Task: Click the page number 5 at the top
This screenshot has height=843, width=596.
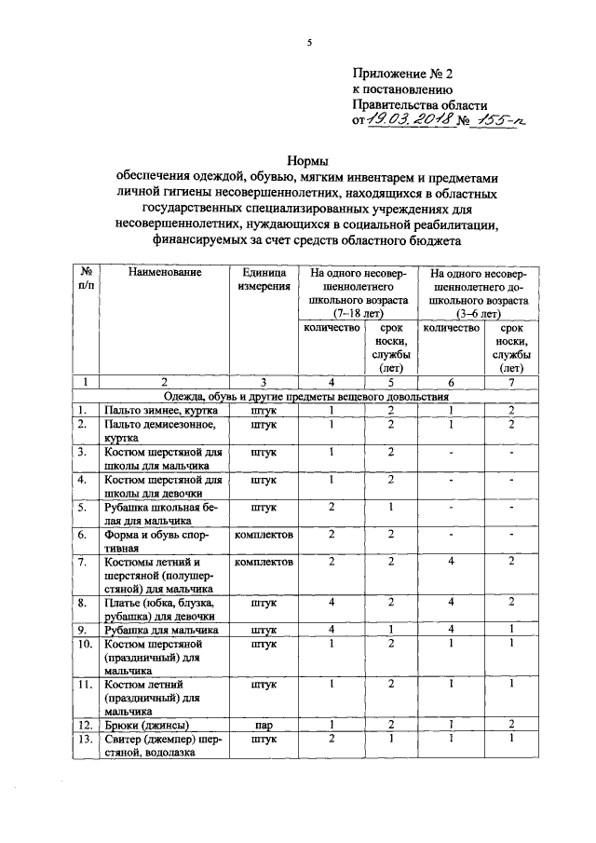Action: (308, 42)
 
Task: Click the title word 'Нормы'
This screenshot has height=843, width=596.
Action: (307, 162)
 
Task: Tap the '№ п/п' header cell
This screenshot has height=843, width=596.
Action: (86, 281)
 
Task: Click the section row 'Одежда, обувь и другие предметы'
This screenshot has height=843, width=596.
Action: (307, 396)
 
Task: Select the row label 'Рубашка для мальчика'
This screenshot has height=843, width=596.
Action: (161, 630)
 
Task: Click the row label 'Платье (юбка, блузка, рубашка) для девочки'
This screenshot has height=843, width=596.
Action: (161, 609)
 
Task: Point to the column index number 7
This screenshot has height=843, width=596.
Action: (510, 381)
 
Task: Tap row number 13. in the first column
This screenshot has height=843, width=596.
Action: (85, 739)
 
